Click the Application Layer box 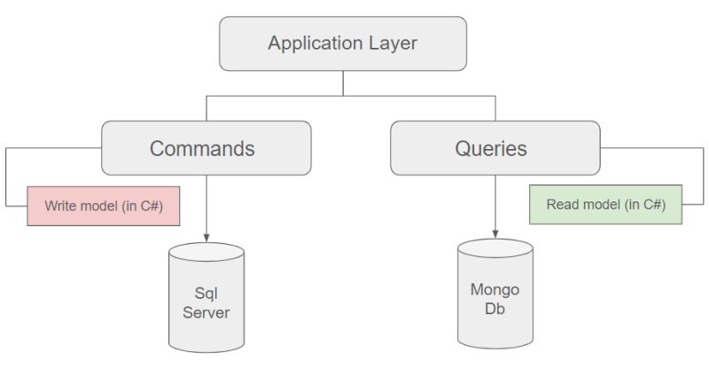[x=342, y=43]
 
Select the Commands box [x=206, y=148]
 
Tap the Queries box [x=495, y=148]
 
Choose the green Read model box [x=605, y=204]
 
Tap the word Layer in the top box [x=393, y=43]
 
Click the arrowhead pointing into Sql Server [x=206, y=237]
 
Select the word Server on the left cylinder [x=206, y=311]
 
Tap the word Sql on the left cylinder [x=206, y=293]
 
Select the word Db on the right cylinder [x=495, y=309]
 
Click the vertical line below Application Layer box [x=342, y=82]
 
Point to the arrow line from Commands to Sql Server [x=206, y=204]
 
